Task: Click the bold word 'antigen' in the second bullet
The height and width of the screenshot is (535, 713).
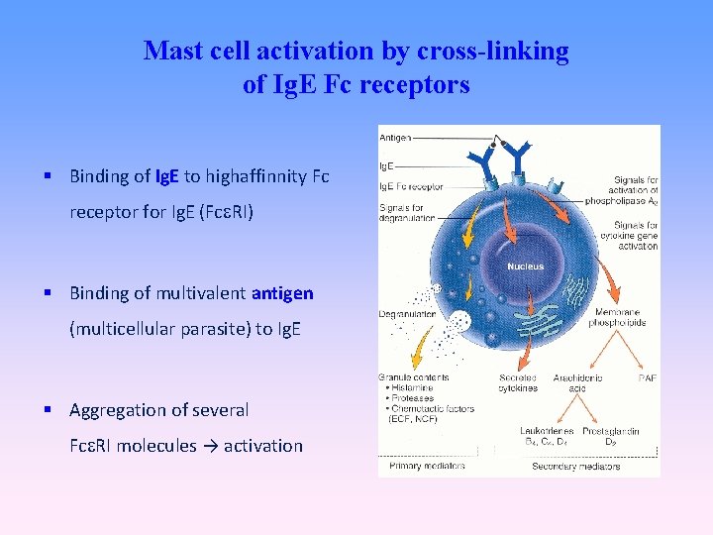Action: pyautogui.click(x=282, y=293)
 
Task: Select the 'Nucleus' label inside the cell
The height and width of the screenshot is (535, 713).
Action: pyautogui.click(x=525, y=267)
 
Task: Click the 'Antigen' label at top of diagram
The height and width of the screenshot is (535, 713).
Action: pyautogui.click(x=395, y=137)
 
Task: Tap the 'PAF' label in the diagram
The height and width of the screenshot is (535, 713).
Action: pyautogui.click(x=648, y=377)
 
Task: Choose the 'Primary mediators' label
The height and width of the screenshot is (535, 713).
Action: pyautogui.click(x=420, y=466)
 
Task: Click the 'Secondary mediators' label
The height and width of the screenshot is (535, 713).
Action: pyautogui.click(x=575, y=466)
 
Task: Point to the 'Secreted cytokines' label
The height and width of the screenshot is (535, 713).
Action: pyautogui.click(x=519, y=382)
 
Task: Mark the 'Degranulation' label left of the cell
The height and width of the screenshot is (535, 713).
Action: pyautogui.click(x=408, y=314)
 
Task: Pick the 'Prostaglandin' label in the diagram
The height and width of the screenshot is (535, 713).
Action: pyautogui.click(x=611, y=431)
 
